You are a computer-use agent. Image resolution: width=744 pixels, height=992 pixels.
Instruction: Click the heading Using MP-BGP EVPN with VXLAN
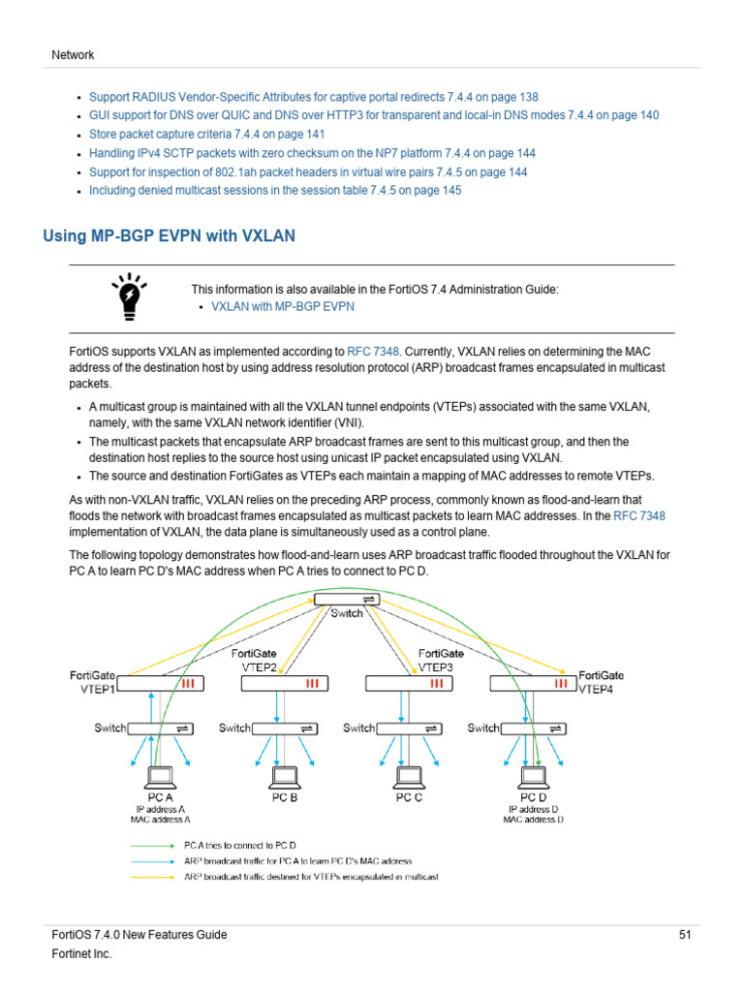pyautogui.click(x=170, y=235)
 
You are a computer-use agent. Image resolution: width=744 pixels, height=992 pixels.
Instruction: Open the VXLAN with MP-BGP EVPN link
pyautogui.click(x=283, y=306)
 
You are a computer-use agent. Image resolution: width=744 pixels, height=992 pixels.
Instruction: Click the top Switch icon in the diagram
pyautogui.click(x=347, y=601)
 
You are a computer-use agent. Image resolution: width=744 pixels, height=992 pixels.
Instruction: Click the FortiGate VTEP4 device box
pyautogui.click(x=532, y=683)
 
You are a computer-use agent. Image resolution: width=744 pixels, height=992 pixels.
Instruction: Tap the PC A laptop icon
pyautogui.click(x=160, y=776)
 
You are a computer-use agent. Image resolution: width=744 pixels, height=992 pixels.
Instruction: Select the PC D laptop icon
pyautogui.click(x=532, y=776)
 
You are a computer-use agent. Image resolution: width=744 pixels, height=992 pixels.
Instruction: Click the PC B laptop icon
pyautogui.click(x=284, y=776)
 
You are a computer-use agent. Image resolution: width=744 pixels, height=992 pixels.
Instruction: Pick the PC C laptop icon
pyautogui.click(x=408, y=776)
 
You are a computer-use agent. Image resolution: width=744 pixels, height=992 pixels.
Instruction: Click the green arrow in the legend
pyautogui.click(x=153, y=845)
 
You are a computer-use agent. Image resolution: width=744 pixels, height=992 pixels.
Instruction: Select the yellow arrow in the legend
pyautogui.click(x=153, y=877)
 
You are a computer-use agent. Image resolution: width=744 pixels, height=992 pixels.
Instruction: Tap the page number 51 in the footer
pyautogui.click(x=684, y=935)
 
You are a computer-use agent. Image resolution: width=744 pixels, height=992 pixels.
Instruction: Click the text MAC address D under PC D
pyautogui.click(x=532, y=820)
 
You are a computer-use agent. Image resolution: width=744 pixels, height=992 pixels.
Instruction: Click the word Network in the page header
pyautogui.click(x=73, y=55)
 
